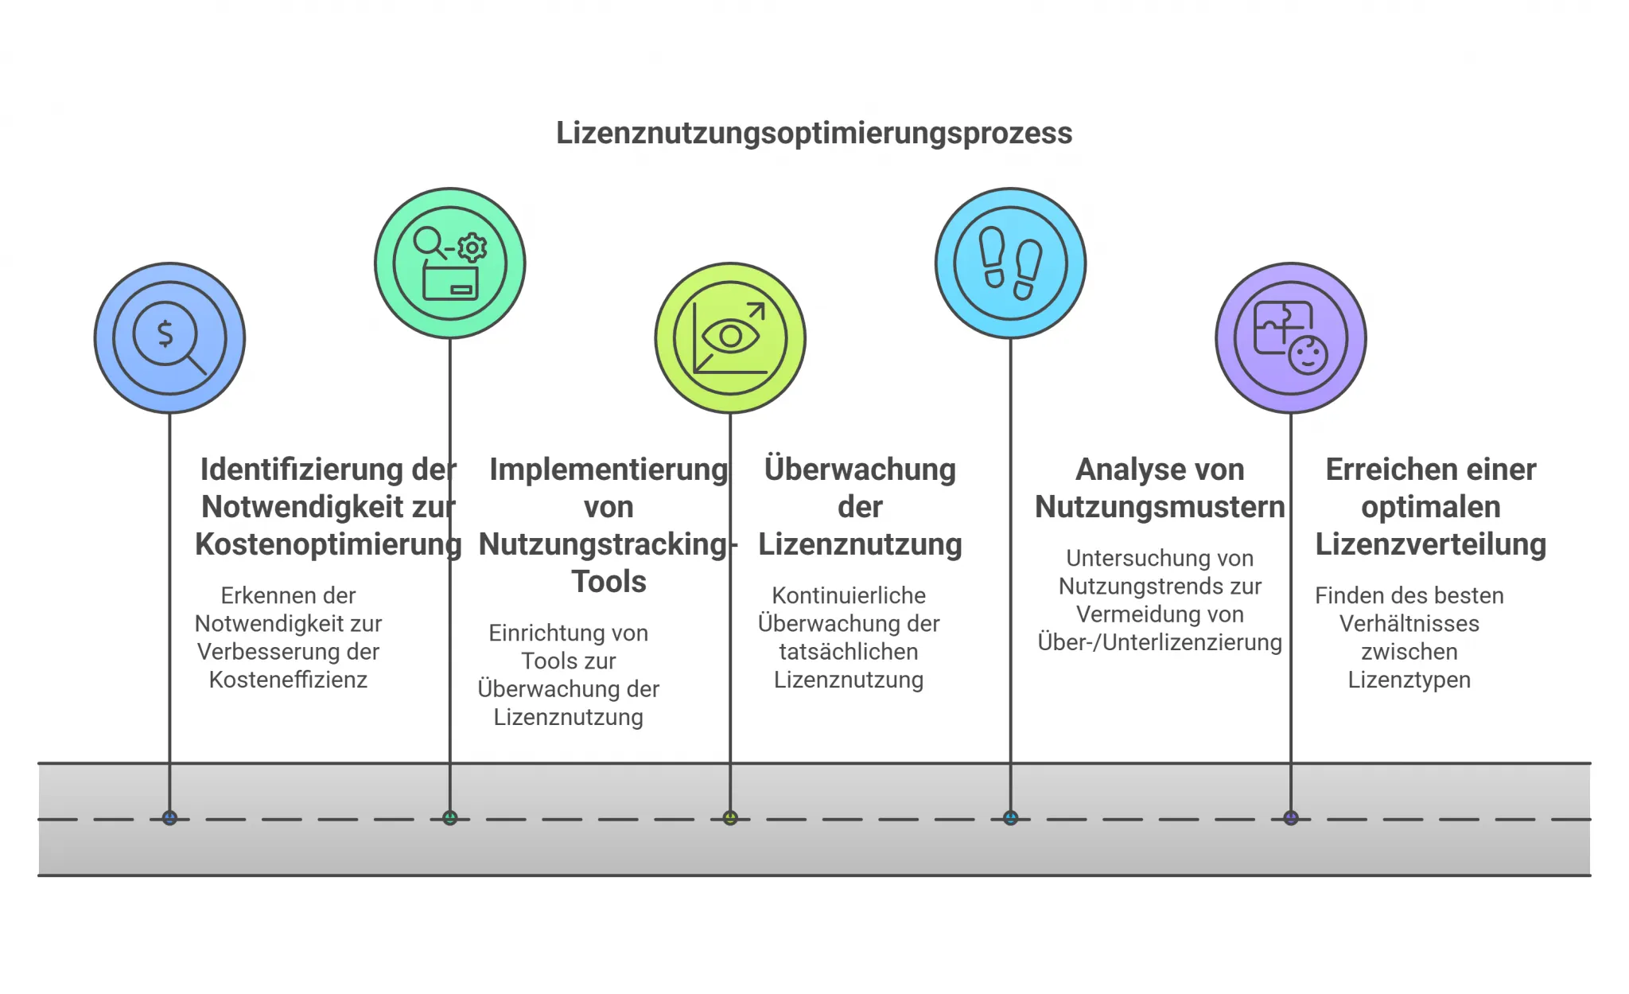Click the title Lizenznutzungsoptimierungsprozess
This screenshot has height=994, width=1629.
pyautogui.click(x=814, y=133)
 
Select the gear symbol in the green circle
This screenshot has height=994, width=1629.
pyautogui.click(x=472, y=248)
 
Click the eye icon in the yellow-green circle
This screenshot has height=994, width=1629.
pyautogui.click(x=730, y=337)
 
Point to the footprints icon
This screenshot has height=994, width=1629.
pyautogui.click(x=1010, y=263)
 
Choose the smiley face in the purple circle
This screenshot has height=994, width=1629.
pyautogui.click(x=1308, y=355)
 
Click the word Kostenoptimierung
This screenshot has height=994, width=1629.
pyautogui.click(x=328, y=544)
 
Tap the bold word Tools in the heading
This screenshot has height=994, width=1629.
pyautogui.click(x=608, y=582)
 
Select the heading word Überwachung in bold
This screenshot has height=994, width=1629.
pyautogui.click(x=860, y=470)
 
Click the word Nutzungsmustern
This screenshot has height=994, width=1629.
pyautogui.click(x=1160, y=507)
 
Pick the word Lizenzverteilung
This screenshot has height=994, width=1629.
pyautogui.click(x=1430, y=544)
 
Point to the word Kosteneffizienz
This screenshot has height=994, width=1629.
pyautogui.click(x=288, y=680)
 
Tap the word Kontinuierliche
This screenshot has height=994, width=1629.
pyautogui.click(x=849, y=596)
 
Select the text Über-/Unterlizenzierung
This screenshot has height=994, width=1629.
pyautogui.click(x=1160, y=642)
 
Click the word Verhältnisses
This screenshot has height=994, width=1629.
pyautogui.click(x=1409, y=624)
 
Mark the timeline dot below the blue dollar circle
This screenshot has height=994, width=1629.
pyautogui.click(x=169, y=818)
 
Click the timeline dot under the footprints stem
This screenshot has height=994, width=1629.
pyautogui.click(x=1010, y=818)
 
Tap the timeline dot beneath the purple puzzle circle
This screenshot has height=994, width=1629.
pyautogui.click(x=1290, y=818)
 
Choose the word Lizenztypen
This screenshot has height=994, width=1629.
pyautogui.click(x=1409, y=680)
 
